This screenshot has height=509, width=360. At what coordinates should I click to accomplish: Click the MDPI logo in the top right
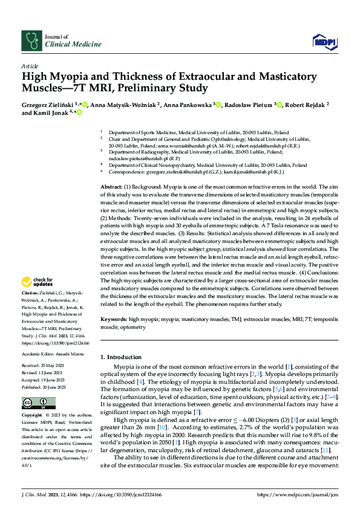point(324,42)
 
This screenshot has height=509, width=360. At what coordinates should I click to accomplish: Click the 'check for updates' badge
point(38,282)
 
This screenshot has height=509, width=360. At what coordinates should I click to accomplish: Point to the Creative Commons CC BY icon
point(35,403)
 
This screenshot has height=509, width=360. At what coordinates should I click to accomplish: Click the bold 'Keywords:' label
point(114,319)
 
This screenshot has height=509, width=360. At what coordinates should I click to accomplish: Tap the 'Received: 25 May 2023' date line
point(43,366)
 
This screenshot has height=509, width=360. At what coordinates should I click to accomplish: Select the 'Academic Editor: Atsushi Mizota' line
point(52,354)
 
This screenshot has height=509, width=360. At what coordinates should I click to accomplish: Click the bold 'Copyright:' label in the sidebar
point(33,416)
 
